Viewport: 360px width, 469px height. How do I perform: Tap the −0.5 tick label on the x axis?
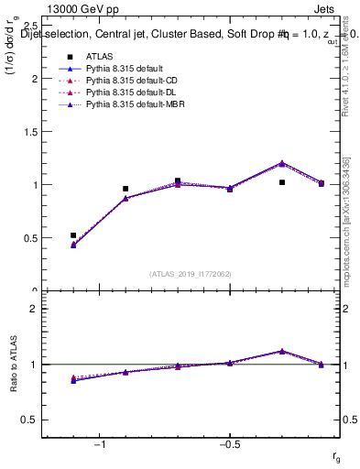(x=229, y=444)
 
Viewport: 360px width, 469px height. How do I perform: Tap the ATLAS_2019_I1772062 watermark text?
(x=191, y=273)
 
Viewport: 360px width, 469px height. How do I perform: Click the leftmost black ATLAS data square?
(x=73, y=235)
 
